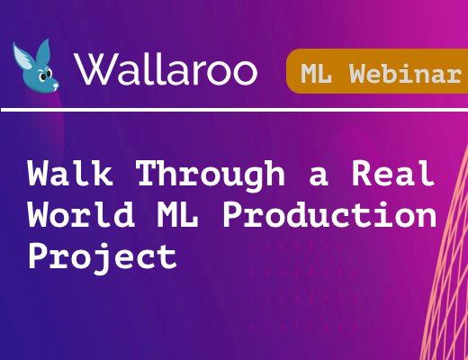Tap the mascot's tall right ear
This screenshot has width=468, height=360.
coord(43,51)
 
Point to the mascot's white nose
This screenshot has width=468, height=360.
coord(55,86)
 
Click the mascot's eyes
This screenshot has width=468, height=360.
coord(46,75)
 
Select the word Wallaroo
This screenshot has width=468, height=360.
coord(166,69)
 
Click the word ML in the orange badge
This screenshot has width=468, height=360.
coord(316,74)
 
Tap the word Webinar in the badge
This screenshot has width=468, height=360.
coord(405,73)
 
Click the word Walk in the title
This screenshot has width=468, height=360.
coord(70,173)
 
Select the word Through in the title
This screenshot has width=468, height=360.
coord(210,175)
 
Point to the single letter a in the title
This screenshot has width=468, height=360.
coord(319,177)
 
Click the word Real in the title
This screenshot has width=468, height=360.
coord(393,173)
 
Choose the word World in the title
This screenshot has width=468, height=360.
coord(81,214)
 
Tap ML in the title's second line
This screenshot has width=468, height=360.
coord(177,215)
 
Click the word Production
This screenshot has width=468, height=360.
coord(329,215)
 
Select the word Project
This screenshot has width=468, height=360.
coord(102,258)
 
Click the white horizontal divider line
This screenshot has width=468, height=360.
coord(234,110)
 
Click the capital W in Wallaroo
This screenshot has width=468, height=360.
coord(95,69)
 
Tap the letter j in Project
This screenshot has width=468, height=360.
coord(103,260)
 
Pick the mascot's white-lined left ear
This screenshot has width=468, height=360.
coord(22,57)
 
